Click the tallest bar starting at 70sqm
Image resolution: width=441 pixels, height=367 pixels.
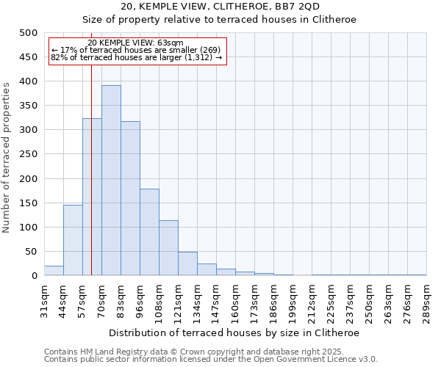tap(111, 181)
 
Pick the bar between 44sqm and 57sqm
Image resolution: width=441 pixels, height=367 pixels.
tap(73, 240)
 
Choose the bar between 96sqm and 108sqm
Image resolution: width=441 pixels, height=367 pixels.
tap(149, 232)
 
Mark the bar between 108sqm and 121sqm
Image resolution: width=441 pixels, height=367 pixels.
tap(168, 248)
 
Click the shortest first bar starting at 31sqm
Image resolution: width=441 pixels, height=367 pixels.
tap(54, 271)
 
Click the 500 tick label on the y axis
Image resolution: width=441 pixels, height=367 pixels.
tap(29, 33)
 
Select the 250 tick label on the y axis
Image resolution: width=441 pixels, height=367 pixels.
tap(29, 154)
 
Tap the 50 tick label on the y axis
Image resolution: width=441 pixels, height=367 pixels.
tap(31, 252)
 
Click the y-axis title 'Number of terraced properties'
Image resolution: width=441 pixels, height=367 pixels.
tap(7, 157)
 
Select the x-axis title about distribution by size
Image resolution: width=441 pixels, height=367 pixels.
tap(235, 333)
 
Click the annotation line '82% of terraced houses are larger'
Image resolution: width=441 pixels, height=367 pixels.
tap(137, 57)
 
